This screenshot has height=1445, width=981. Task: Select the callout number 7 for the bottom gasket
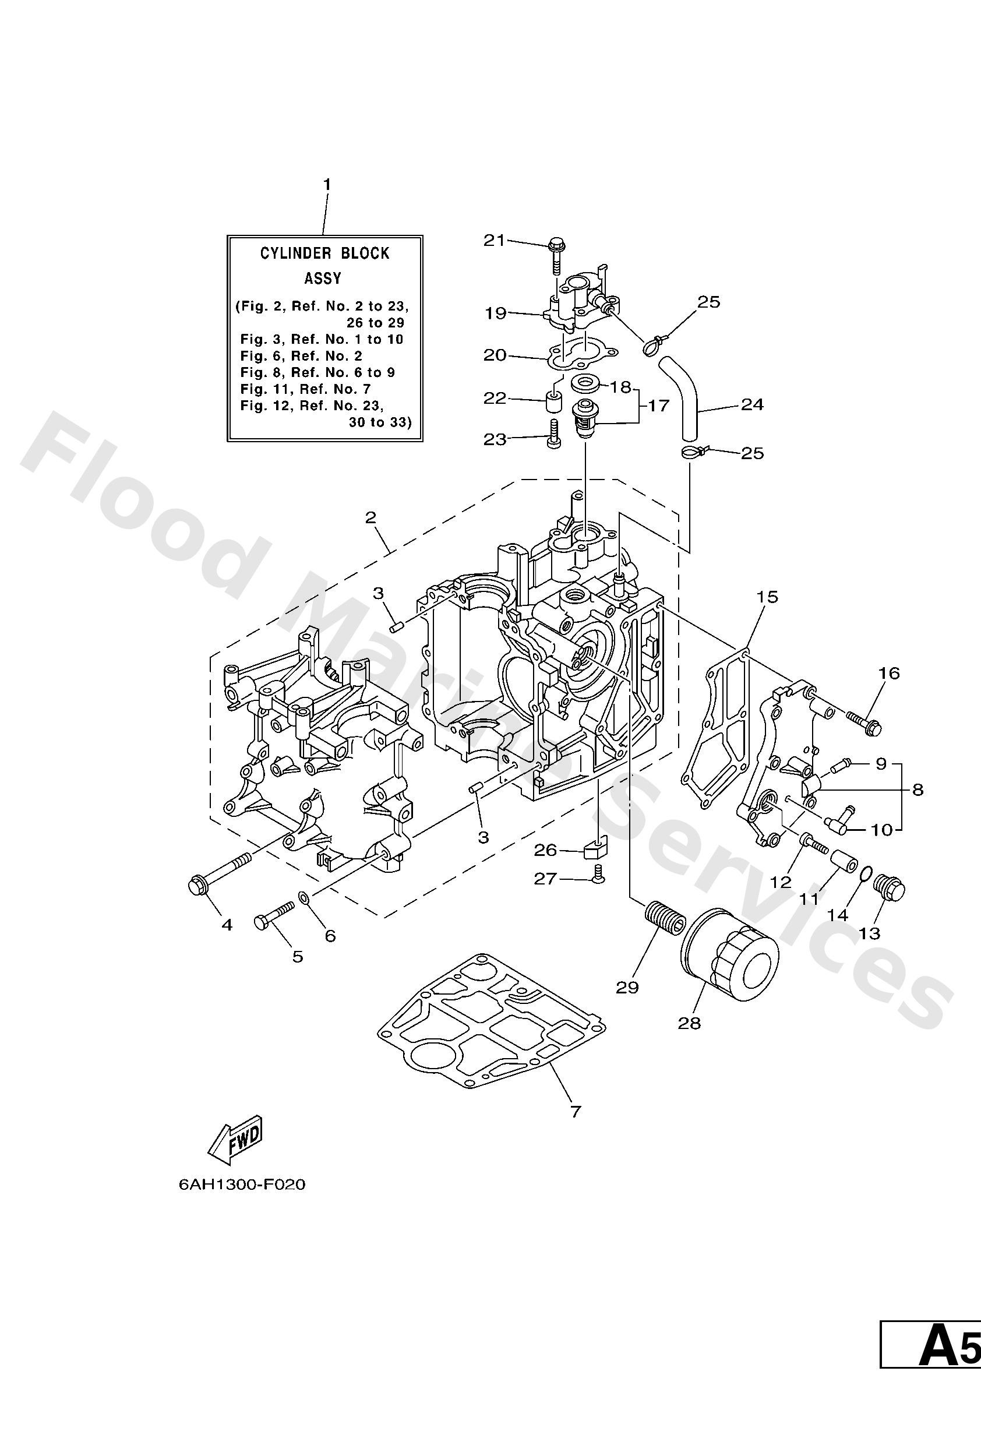pos(575,1111)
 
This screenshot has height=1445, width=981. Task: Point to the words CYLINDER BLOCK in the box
pos(324,253)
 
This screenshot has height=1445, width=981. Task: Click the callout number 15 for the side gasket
pos(768,597)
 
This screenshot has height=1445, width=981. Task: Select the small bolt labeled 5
pos(274,919)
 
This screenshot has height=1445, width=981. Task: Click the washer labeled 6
pos(304,897)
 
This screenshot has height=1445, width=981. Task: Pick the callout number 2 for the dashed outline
pos(371,517)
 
